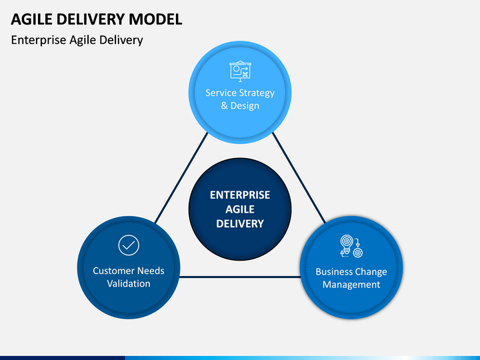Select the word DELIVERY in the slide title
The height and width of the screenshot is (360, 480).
click(x=91, y=19)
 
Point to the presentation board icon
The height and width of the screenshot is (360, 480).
click(x=240, y=71)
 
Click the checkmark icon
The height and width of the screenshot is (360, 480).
click(x=129, y=245)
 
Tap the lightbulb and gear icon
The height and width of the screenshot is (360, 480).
click(x=351, y=246)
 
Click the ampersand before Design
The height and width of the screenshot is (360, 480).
click(x=225, y=105)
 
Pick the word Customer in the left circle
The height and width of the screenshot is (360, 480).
click(x=113, y=271)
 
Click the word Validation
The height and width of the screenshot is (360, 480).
click(x=129, y=283)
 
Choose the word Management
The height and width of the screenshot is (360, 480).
click(x=351, y=285)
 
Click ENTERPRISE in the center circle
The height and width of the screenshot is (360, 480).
click(x=240, y=195)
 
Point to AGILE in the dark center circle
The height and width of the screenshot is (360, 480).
click(x=240, y=209)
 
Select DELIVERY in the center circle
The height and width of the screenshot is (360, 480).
click(x=240, y=224)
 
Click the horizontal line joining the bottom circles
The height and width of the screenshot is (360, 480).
click(x=240, y=277)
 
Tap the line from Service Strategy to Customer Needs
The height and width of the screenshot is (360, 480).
click(x=181, y=178)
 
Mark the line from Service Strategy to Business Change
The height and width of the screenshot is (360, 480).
click(x=299, y=178)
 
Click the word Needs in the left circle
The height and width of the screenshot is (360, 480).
click(x=151, y=271)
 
